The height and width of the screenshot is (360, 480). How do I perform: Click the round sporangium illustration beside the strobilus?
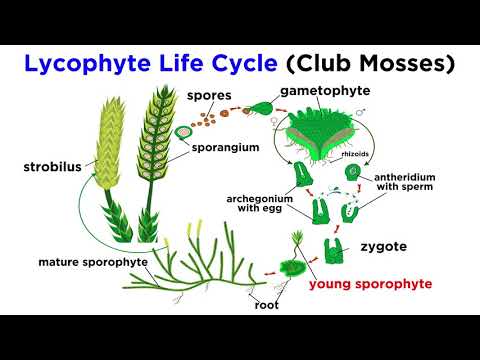[184, 133]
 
